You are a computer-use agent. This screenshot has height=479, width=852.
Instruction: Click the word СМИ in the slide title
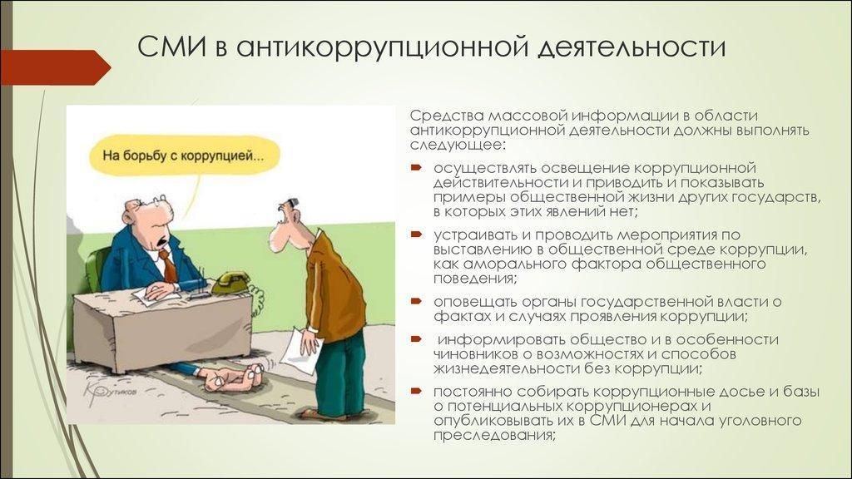pyautogui.click(x=171, y=47)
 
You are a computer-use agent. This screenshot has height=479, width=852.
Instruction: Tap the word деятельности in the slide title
pyautogui.click(x=632, y=48)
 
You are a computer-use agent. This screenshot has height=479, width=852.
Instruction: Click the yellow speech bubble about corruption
pyautogui.click(x=184, y=156)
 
